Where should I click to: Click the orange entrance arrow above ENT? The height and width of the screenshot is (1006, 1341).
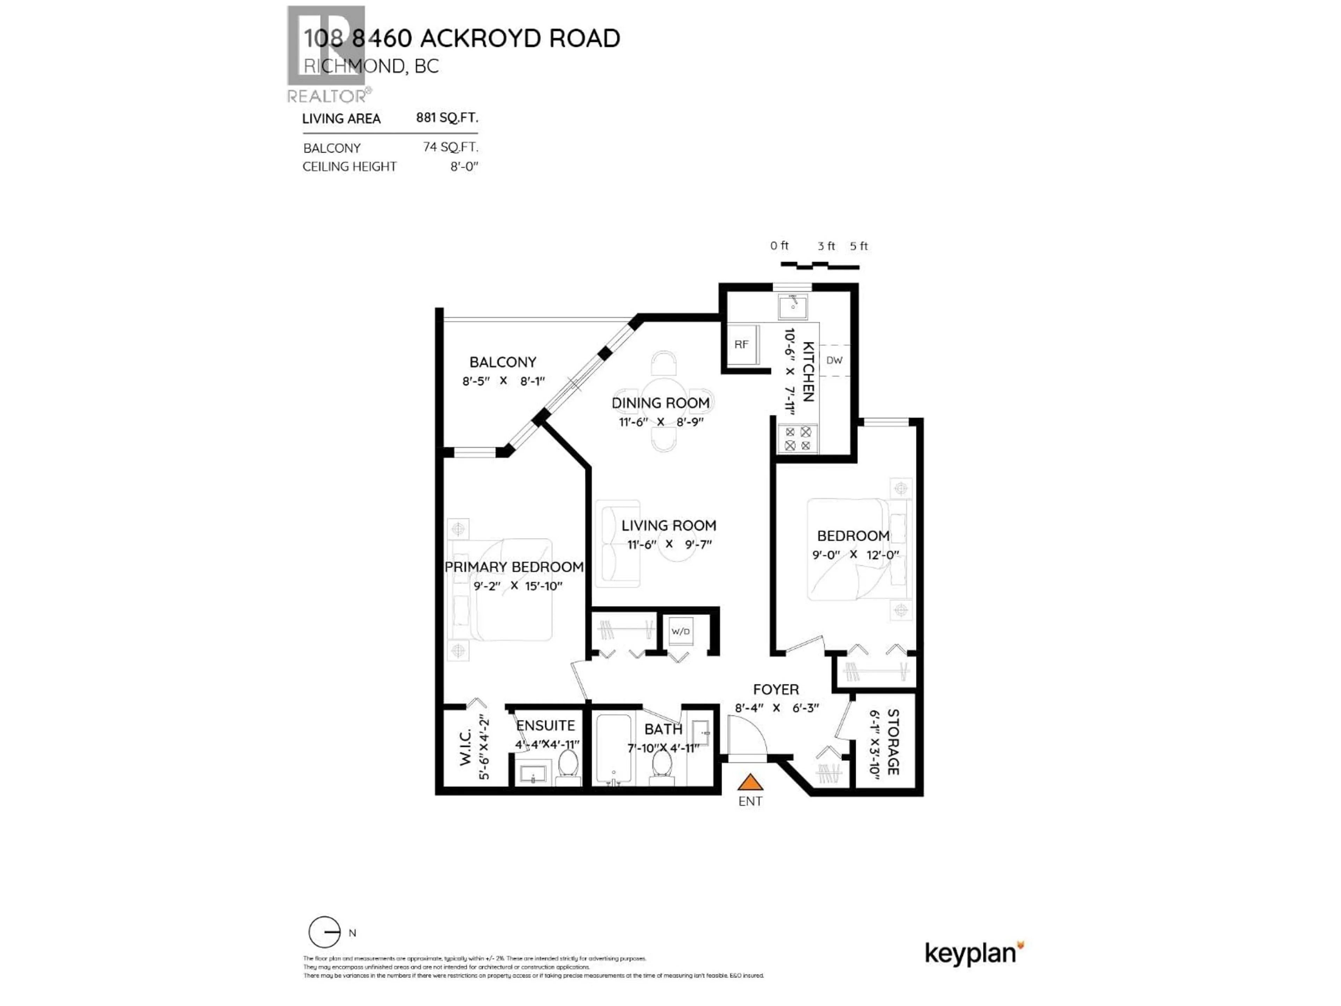click(x=750, y=782)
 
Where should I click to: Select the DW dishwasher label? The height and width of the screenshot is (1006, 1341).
click(x=834, y=360)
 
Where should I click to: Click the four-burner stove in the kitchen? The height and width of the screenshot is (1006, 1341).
click(x=798, y=438)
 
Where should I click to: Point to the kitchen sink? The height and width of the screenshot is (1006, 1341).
click(x=793, y=306)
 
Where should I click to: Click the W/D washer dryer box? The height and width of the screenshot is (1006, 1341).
click(x=680, y=631)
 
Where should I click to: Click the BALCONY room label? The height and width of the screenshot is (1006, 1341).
click(x=503, y=362)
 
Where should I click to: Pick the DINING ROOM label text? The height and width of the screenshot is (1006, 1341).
click(x=660, y=403)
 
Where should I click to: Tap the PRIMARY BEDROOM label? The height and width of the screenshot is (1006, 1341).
click(x=513, y=567)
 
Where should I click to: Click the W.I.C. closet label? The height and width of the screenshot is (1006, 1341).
click(x=465, y=747)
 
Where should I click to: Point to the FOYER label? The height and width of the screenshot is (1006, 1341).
click(x=776, y=690)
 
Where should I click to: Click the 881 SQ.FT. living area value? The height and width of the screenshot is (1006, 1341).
click(x=447, y=118)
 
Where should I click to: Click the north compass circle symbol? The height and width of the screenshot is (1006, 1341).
click(x=324, y=932)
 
